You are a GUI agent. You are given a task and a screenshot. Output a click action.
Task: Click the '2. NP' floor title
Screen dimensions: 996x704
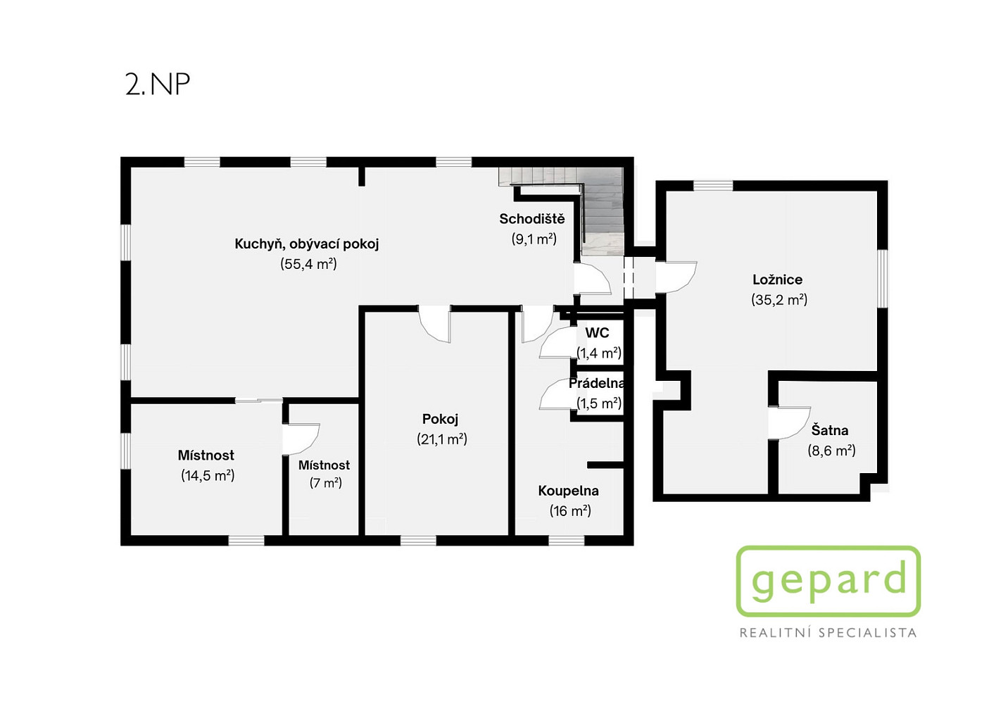[158, 84]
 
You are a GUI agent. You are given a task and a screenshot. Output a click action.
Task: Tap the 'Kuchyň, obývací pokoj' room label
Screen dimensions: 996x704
[307, 244]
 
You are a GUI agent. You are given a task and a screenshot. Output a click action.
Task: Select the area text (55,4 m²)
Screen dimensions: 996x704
[308, 264]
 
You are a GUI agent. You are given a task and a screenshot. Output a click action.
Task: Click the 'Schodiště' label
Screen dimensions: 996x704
[532, 219]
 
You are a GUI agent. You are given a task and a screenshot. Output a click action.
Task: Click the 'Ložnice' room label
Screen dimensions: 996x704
[778, 279]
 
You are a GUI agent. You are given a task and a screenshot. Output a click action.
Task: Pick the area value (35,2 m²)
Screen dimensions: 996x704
[779, 300]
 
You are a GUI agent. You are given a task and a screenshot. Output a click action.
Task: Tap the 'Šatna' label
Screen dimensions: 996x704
[830, 430]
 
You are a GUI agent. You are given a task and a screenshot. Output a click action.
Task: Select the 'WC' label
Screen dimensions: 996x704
[597, 333]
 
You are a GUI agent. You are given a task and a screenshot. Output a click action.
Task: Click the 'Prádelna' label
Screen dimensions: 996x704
[596, 384]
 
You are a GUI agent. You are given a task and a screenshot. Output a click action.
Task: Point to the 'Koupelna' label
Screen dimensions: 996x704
[568, 491]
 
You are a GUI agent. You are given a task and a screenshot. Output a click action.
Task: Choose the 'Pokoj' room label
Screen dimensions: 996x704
[440, 419]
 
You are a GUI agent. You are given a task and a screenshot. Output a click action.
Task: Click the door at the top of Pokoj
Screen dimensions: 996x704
[434, 324]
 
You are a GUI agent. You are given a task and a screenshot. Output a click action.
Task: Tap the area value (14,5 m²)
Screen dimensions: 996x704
[208, 475]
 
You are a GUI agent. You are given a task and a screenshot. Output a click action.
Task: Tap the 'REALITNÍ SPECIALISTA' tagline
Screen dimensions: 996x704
[828, 633]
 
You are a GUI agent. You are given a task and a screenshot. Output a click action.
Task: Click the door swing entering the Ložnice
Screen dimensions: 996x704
[676, 277]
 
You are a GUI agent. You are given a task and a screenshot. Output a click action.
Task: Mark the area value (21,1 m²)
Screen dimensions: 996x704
[442, 439]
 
